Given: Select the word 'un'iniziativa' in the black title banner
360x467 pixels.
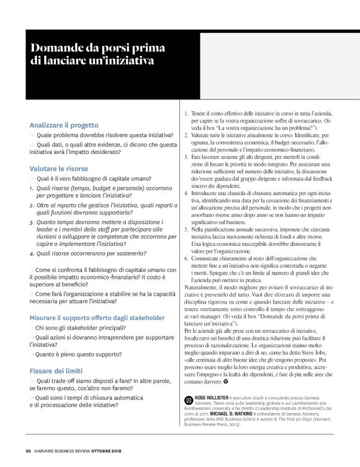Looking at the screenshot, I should tap(119, 61).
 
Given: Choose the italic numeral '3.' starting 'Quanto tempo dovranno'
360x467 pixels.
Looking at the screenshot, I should tap(32, 222).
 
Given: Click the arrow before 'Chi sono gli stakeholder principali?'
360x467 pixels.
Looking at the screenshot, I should tap(32, 327).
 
